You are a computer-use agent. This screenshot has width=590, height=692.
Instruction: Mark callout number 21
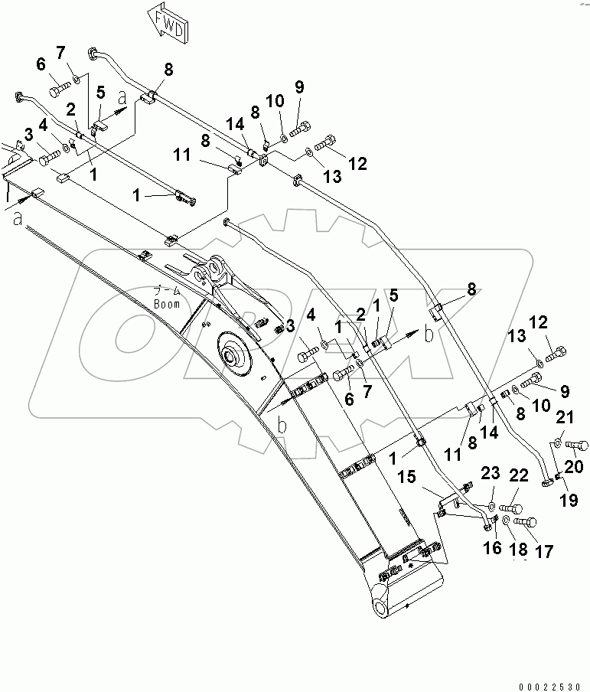[x=564, y=417]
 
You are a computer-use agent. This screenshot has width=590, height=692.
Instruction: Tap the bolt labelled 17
[x=523, y=522]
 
